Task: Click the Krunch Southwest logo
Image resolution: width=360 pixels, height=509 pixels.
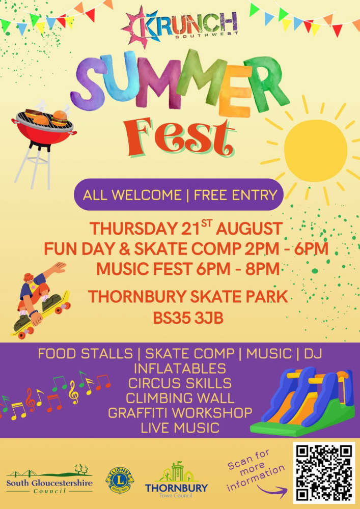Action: pyautogui.click(x=179, y=25)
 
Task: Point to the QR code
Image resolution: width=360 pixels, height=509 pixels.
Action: pyautogui.click(x=324, y=472)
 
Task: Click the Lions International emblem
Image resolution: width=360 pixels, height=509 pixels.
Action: pyautogui.click(x=120, y=480)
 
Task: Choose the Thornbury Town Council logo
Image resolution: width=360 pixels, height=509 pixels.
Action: pyautogui.click(x=176, y=479)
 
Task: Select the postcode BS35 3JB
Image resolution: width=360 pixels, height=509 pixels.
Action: pyautogui.click(x=188, y=318)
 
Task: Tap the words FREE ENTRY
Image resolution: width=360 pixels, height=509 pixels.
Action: pyautogui.click(x=235, y=195)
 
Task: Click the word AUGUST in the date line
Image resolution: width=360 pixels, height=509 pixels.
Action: pyautogui.click(x=249, y=229)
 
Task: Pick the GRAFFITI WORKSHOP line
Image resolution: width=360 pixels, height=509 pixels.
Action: pyautogui.click(x=180, y=413)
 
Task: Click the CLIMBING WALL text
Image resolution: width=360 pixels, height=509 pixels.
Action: pyautogui.click(x=180, y=398)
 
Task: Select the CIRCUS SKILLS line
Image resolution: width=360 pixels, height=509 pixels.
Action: pyautogui.click(x=180, y=383)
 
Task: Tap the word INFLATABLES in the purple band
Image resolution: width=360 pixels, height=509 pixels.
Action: pyautogui.click(x=180, y=369)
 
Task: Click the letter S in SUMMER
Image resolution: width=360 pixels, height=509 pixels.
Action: pyautogui.click(x=88, y=83)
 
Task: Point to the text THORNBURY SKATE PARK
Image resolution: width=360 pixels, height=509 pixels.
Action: pyautogui.click(x=188, y=296)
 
